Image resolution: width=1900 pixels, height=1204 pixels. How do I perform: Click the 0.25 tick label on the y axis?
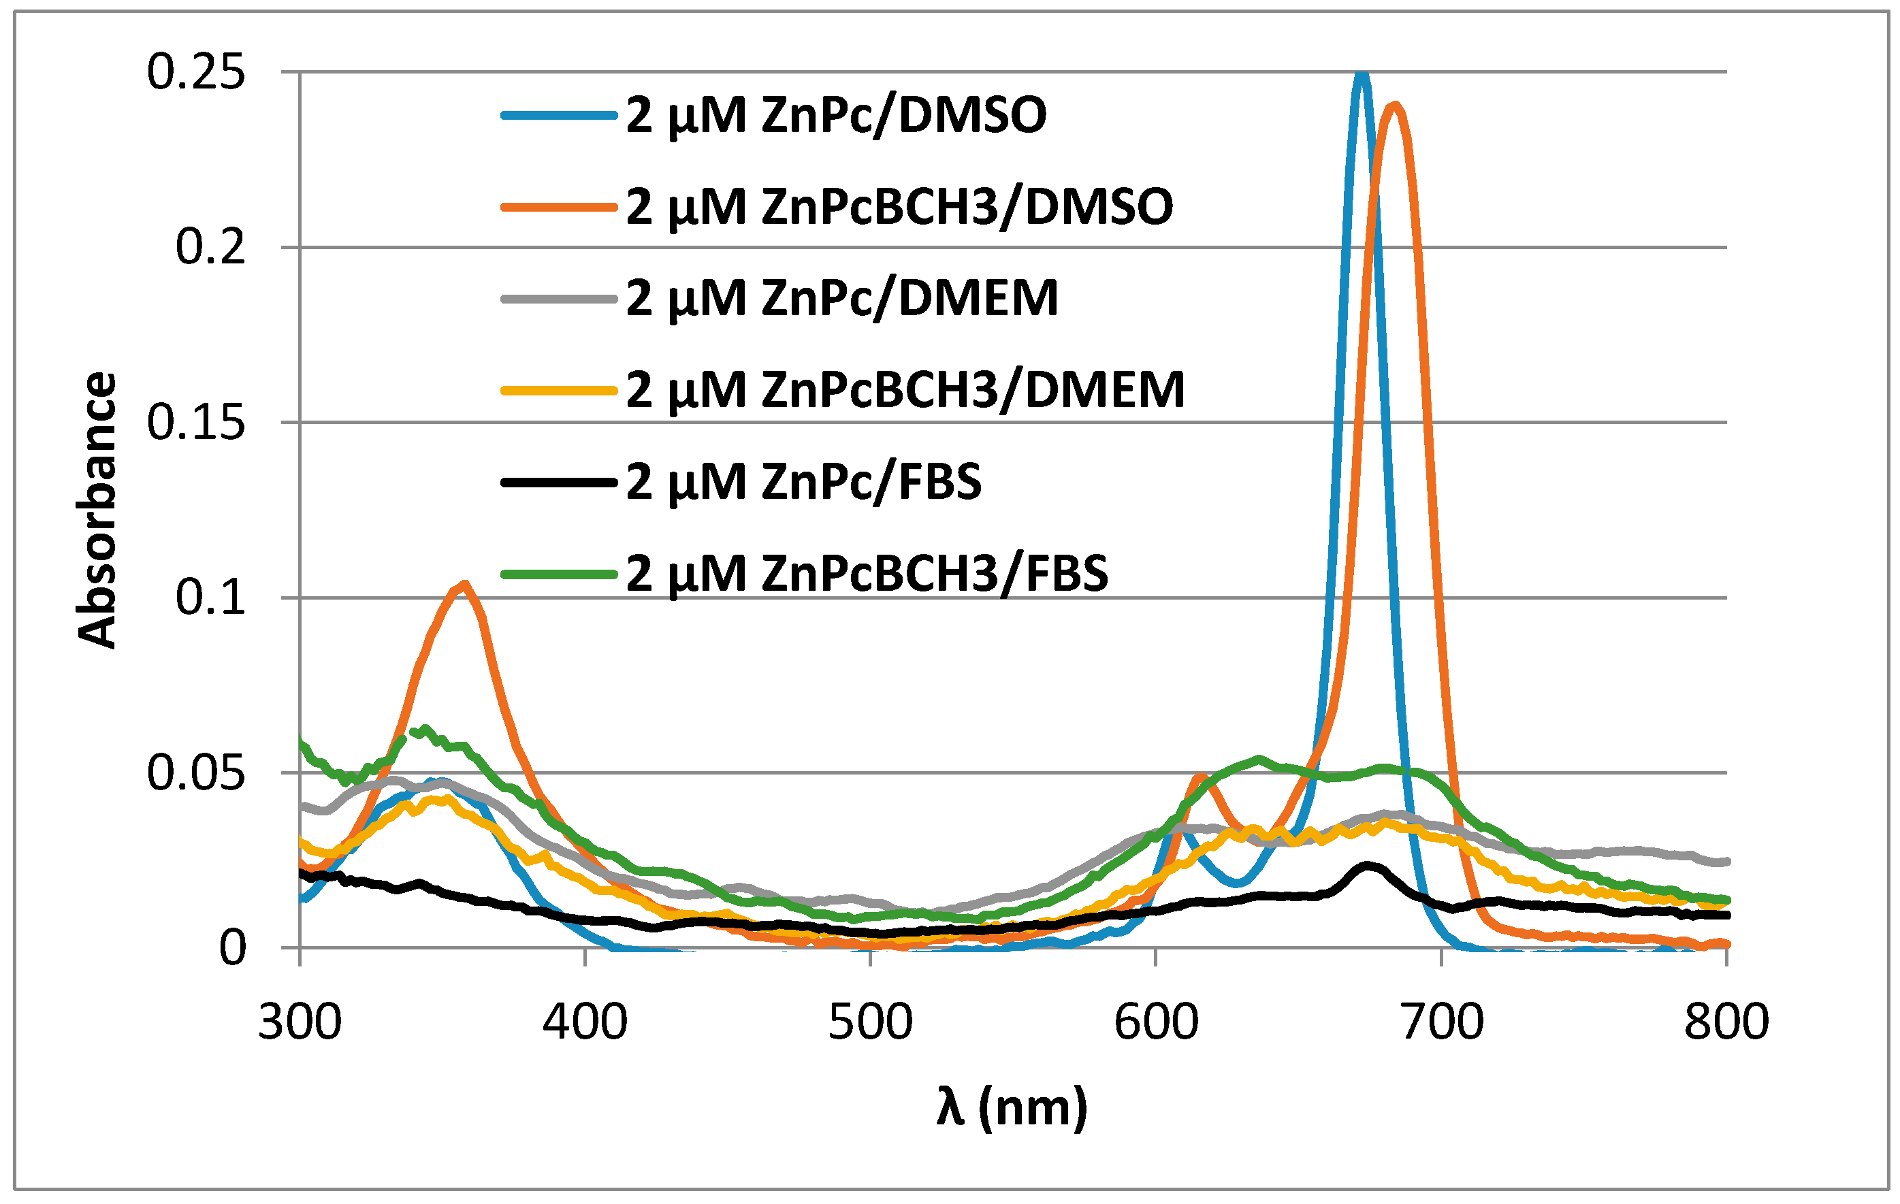coord(195,73)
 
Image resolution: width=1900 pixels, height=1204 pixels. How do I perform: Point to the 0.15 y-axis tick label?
coord(195,422)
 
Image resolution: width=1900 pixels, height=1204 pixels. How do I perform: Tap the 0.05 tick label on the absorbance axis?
coord(195,772)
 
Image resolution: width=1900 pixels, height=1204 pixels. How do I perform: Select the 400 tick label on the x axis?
coord(585,1022)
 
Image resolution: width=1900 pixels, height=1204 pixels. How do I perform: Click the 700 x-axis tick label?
coord(1443,1022)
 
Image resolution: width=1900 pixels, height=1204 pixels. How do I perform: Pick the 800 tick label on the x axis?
coord(1727,1022)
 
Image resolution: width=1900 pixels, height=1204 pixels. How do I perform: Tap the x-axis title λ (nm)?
coord(1012,1107)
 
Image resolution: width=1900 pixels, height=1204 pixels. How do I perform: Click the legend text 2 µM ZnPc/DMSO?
coord(837,115)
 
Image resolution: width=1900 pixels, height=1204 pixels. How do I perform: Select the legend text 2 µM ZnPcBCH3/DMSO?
coord(899,207)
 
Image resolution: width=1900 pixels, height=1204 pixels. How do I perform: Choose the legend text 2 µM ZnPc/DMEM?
coord(842,298)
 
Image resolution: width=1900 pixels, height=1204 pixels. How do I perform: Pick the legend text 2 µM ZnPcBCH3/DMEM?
coord(905,390)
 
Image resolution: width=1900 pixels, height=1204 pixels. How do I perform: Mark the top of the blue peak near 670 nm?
coord(1360,74)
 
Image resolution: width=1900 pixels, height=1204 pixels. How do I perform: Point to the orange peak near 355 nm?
coord(465,585)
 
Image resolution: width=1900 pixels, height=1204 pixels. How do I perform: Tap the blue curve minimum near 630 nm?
coord(1236,882)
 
